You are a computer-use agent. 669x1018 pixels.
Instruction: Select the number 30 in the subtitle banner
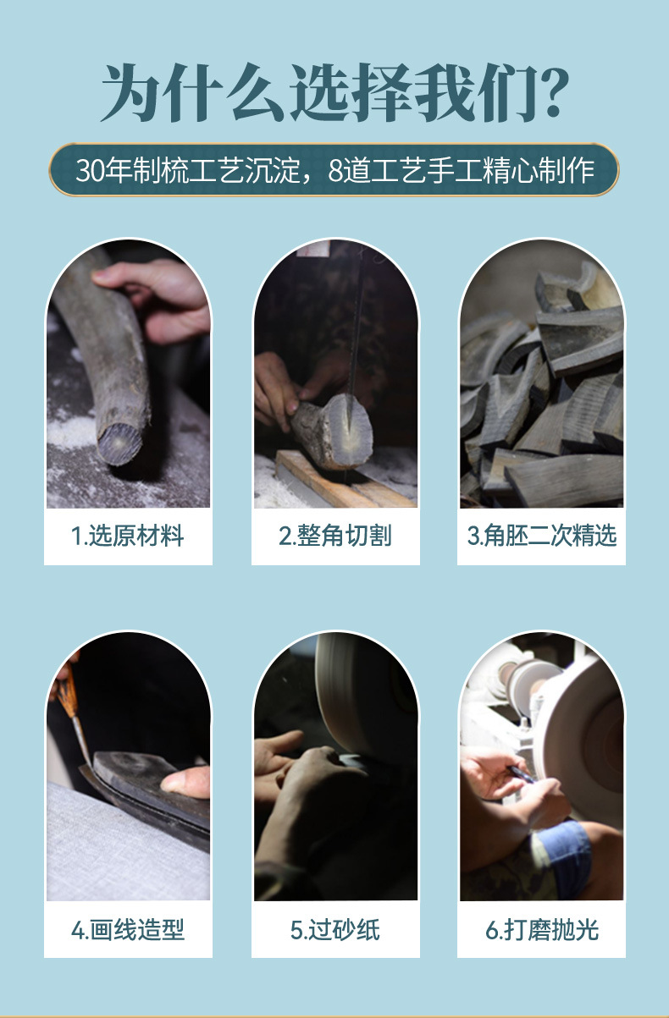pyautogui.click(x=88, y=171)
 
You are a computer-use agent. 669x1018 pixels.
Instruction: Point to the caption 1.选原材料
pyautogui.click(x=128, y=536)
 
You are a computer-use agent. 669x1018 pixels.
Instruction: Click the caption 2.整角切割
pyautogui.click(x=335, y=536)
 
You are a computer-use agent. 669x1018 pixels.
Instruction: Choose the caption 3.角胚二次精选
pyautogui.click(x=542, y=536)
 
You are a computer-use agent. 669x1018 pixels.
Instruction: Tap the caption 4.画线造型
pyautogui.click(x=128, y=931)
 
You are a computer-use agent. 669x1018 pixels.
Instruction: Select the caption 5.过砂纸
pyautogui.click(x=335, y=931)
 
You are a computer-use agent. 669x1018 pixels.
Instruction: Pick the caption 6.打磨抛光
pyautogui.click(x=542, y=931)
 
